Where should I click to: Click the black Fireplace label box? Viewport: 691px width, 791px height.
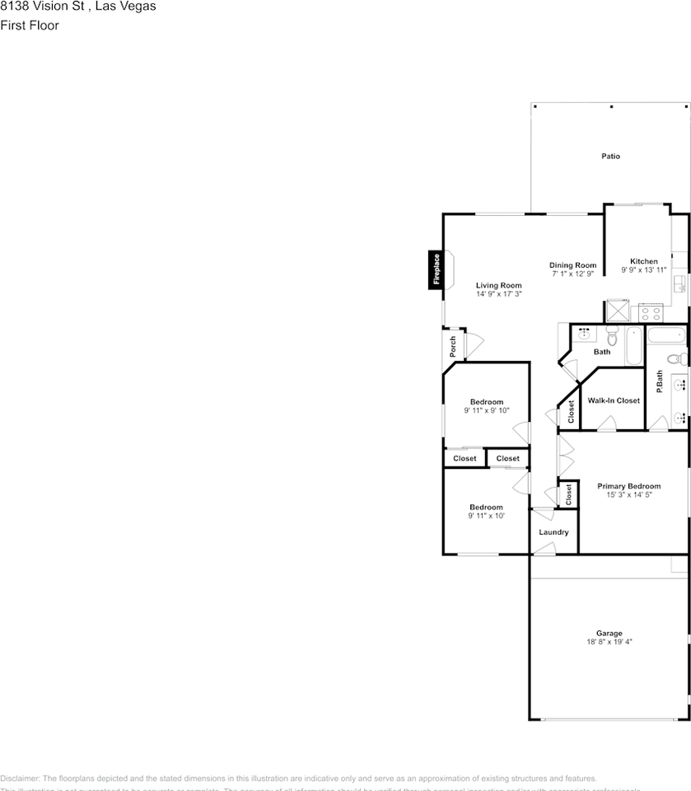(x=437, y=270)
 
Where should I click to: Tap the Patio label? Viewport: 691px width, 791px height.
(x=609, y=156)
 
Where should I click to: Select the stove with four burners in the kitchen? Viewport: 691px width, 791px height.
(x=651, y=312)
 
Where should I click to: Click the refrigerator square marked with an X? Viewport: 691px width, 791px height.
(x=617, y=311)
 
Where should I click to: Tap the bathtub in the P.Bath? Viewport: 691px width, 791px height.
(x=665, y=335)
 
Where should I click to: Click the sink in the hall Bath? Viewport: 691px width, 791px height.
(x=585, y=334)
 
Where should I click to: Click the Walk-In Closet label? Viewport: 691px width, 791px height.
(x=614, y=400)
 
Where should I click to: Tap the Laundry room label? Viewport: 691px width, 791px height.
(x=553, y=532)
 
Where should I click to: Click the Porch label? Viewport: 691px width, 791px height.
(x=452, y=347)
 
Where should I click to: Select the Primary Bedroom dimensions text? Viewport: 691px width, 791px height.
(x=628, y=495)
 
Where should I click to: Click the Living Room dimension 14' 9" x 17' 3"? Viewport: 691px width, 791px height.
(x=498, y=294)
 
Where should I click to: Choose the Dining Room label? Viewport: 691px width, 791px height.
(x=572, y=265)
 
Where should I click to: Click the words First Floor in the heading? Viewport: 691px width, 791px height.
(x=30, y=25)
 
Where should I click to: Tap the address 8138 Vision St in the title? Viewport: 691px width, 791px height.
(x=41, y=7)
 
